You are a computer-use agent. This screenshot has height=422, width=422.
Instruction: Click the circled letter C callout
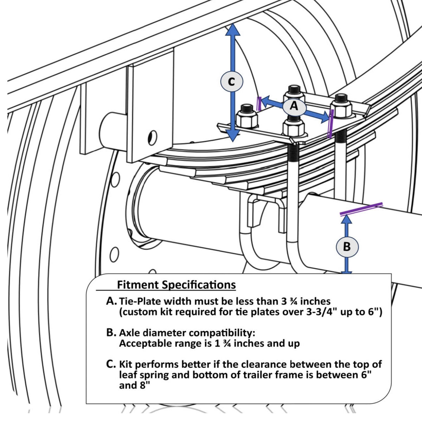[231, 81]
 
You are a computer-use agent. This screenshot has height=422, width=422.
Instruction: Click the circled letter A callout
[294, 105]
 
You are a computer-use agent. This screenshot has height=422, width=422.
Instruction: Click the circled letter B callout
[347, 246]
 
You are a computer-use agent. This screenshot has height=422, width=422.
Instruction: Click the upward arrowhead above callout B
[347, 219]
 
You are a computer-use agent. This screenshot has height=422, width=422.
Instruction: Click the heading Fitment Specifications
[176, 284]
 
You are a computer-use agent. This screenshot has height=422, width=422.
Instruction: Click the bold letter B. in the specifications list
[111, 332]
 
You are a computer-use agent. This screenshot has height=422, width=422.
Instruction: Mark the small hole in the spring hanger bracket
[152, 138]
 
